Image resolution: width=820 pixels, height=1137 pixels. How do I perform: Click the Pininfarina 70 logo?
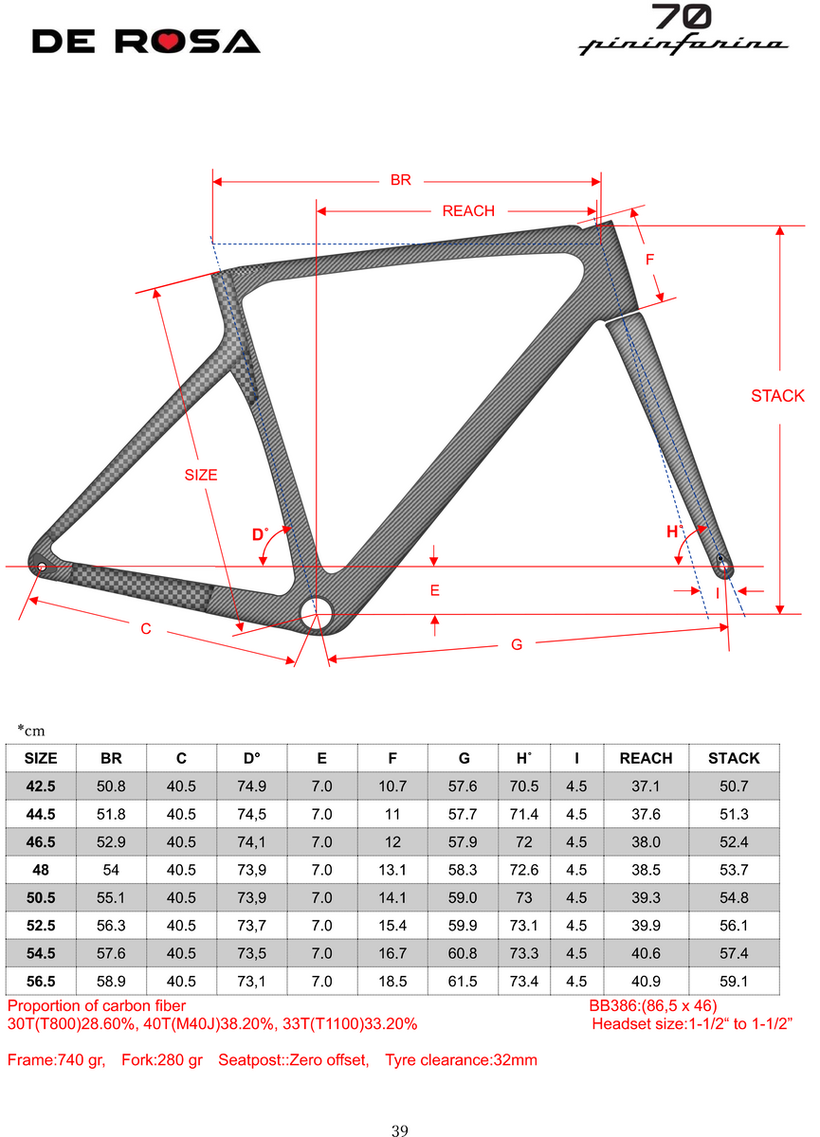(x=682, y=29)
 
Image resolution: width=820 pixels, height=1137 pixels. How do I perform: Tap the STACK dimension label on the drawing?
(x=777, y=396)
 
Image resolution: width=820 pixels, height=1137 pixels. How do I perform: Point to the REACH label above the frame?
(x=468, y=210)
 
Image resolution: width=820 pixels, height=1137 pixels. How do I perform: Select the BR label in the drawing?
(x=401, y=179)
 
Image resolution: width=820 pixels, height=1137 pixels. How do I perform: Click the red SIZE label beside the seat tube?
(x=201, y=475)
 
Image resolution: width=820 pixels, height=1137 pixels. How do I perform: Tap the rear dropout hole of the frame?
(x=41, y=567)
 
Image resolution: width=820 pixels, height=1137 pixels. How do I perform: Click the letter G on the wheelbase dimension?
(x=517, y=644)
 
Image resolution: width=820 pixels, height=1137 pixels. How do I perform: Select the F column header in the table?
(x=392, y=758)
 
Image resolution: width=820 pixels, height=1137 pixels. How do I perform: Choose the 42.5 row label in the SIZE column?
(x=40, y=785)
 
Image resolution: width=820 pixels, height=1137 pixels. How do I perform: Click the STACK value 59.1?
(x=734, y=981)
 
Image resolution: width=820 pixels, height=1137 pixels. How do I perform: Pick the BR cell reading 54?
(x=110, y=869)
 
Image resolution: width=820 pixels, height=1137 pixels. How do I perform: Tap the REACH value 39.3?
(x=646, y=897)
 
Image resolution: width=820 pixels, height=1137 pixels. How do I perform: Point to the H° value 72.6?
(x=522, y=869)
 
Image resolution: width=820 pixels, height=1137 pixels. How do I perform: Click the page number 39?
(x=400, y=1129)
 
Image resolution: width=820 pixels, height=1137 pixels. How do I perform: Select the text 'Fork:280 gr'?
(x=162, y=1060)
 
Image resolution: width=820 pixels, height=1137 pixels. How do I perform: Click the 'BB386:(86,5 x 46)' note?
(x=653, y=1005)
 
